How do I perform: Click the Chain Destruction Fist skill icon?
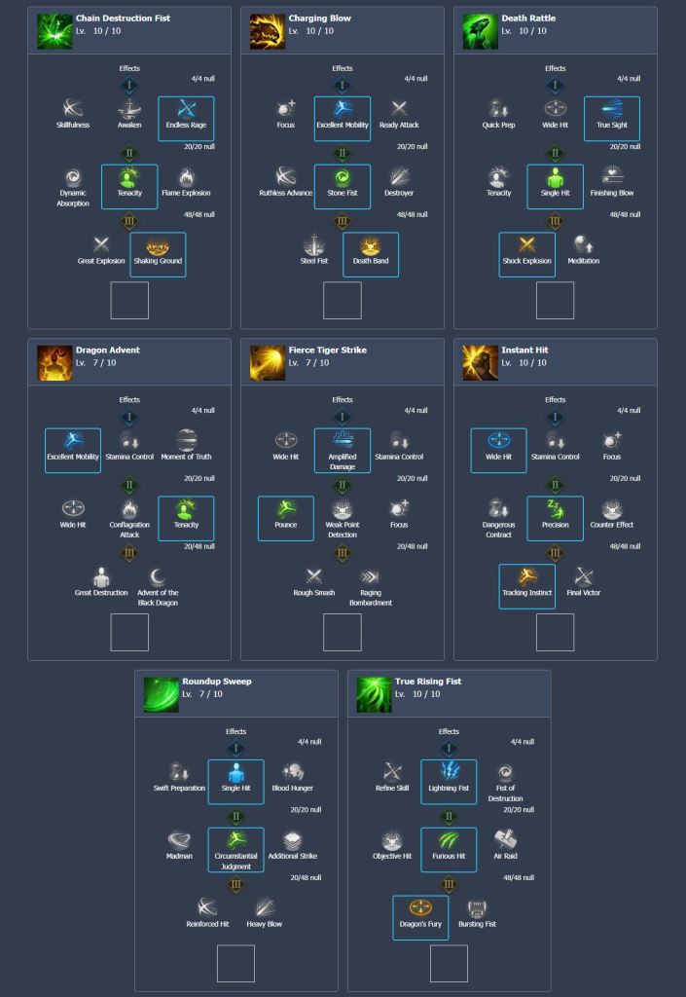coord(54,31)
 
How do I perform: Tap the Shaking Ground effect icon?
coord(158,246)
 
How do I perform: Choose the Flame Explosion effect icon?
coord(186,178)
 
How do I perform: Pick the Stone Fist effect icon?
coord(343,178)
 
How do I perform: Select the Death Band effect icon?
coord(370,246)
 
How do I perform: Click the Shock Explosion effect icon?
coord(527,246)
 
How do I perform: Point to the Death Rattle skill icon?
coord(480,31)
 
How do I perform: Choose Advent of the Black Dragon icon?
coord(158,577)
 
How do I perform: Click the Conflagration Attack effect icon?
coord(129,509)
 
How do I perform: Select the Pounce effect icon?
coord(286,509)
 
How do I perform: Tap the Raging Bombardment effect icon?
coord(370,577)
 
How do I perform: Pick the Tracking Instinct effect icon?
coord(527,577)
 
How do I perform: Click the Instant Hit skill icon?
coord(480,362)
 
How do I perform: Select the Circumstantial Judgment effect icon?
coord(235,840)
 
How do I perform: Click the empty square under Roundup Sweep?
coord(235,963)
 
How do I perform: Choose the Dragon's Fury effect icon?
coord(420,908)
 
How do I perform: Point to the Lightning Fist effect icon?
coord(449,773)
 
